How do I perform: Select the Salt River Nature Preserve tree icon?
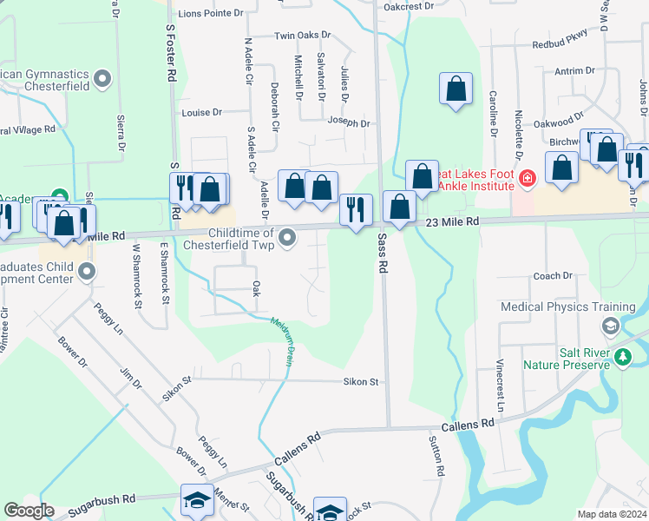pyautogui.click(x=622, y=356)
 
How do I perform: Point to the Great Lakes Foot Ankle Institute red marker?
pyautogui.click(x=527, y=179)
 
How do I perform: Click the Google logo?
pyautogui.click(x=29, y=511)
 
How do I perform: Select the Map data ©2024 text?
pyautogui.click(x=613, y=514)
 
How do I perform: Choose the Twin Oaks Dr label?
pyautogui.click(x=303, y=36)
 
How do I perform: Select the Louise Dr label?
pyautogui.click(x=201, y=113)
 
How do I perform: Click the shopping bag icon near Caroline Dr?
pyautogui.click(x=456, y=89)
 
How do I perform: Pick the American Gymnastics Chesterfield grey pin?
pyautogui.click(x=103, y=80)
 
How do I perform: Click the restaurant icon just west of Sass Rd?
pyautogui.click(x=355, y=208)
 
